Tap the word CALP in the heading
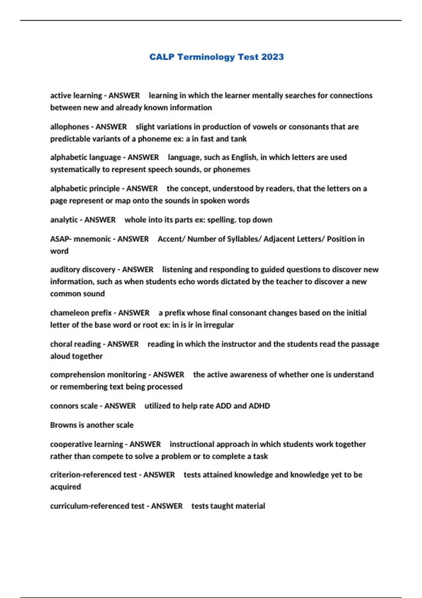point(162,57)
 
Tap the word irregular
point(218,325)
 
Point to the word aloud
point(59,356)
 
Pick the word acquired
point(65,487)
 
